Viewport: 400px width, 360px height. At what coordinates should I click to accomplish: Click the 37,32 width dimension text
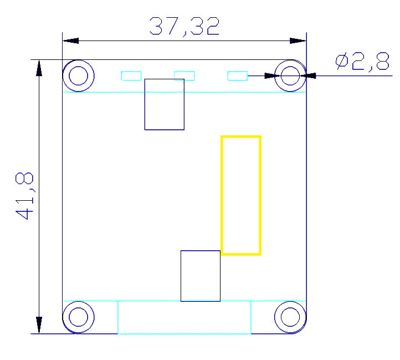pyautogui.click(x=184, y=26)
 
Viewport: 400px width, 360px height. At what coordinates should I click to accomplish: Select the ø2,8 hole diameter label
pyautogui.click(x=362, y=62)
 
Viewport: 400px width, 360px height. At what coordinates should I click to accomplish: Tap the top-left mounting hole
pyautogui.click(x=78, y=75)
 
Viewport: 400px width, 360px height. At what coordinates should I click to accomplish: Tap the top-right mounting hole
pyautogui.click(x=290, y=75)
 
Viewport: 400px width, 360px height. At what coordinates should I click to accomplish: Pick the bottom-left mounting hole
pyautogui.click(x=78, y=317)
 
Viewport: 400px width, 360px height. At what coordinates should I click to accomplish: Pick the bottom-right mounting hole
pyautogui.click(x=290, y=317)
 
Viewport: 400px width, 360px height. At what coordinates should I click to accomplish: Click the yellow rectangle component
pyautogui.click(x=241, y=195)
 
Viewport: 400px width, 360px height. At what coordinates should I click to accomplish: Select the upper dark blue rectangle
pyautogui.click(x=164, y=104)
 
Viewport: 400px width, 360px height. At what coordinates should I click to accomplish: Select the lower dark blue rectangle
pyautogui.click(x=201, y=276)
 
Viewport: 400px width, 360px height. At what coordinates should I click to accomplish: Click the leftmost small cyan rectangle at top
pyautogui.click(x=131, y=75)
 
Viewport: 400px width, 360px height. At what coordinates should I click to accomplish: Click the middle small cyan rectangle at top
pyautogui.click(x=184, y=75)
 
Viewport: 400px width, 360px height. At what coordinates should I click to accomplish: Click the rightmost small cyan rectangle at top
pyautogui.click(x=238, y=75)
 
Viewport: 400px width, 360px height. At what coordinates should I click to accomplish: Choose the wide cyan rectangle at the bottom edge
pyautogui.click(x=184, y=317)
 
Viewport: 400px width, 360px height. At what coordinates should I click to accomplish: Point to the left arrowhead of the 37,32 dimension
pyautogui.click(x=71, y=40)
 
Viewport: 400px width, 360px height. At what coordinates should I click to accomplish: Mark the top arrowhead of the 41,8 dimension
pyautogui.click(x=39, y=68)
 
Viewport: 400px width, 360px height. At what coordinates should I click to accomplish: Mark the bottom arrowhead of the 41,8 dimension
pyautogui.click(x=39, y=325)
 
